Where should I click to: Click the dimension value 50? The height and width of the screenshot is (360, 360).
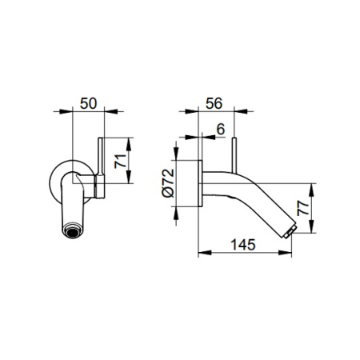[x=89, y=103]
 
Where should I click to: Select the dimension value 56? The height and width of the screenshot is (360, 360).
[x=214, y=103]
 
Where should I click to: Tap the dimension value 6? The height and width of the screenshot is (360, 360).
[x=221, y=130]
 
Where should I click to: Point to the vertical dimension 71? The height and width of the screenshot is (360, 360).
[x=120, y=161]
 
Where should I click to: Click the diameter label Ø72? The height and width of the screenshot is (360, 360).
[x=168, y=183]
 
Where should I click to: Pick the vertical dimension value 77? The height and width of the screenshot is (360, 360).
[x=302, y=208]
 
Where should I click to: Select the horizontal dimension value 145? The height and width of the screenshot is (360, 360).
[x=243, y=245]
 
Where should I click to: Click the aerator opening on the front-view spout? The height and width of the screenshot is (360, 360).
[x=72, y=230]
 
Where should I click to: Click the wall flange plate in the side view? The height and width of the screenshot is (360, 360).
[x=200, y=183]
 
